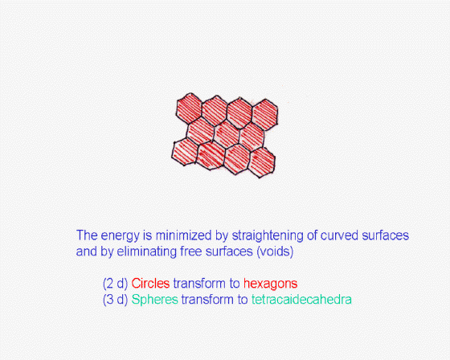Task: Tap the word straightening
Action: [268, 235]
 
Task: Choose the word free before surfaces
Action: [191, 252]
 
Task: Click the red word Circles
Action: [151, 284]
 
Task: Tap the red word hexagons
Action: [270, 284]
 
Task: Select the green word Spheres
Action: [154, 300]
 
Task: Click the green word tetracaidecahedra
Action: [301, 300]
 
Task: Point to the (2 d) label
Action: [116, 284]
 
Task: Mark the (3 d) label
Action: [116, 300]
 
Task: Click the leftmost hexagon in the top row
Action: [189, 108]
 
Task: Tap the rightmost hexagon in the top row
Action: [264, 115]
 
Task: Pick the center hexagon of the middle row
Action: [227, 133]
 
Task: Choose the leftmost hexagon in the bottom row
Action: [185, 151]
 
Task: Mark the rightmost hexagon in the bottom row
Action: [261, 162]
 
